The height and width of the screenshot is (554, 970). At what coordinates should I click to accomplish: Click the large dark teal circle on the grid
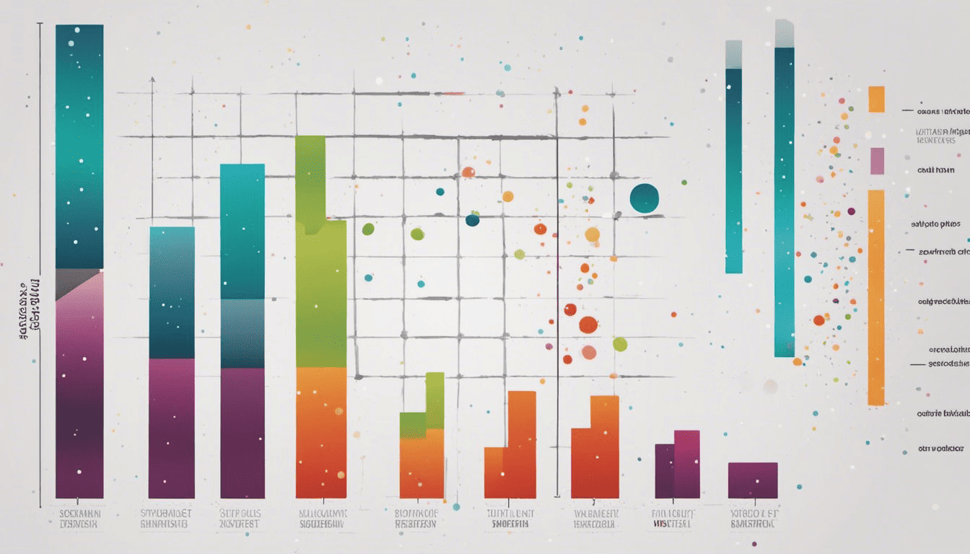tap(644, 198)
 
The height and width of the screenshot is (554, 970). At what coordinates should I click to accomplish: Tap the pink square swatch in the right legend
tap(877, 161)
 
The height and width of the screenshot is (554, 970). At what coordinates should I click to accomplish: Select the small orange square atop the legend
tap(876, 99)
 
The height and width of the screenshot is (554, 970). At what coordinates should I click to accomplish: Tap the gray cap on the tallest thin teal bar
tap(785, 33)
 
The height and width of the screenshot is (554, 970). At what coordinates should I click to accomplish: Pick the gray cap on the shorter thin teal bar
tap(733, 54)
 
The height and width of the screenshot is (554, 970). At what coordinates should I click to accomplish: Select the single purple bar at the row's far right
tap(753, 480)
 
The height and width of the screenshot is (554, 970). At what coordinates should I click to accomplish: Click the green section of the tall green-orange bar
tap(320, 274)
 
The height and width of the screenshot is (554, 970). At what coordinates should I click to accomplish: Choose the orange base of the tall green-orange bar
tap(321, 433)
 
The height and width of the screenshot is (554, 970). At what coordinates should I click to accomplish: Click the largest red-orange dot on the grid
tap(588, 325)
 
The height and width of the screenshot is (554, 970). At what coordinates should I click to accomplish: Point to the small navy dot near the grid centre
tap(472, 220)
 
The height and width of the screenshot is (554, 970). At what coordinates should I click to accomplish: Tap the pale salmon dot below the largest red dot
tap(589, 352)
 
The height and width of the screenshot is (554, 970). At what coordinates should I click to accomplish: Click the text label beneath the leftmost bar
tap(79, 519)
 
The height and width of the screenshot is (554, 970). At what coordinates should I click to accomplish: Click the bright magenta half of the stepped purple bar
tap(687, 464)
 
